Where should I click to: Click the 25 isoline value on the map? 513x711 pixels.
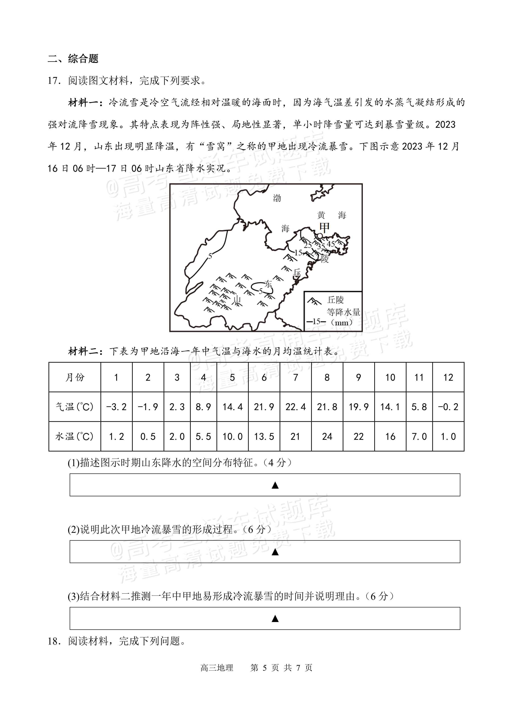[x=308, y=245]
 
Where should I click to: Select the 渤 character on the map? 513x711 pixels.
[x=277, y=198]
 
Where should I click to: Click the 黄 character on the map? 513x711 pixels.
[x=321, y=215]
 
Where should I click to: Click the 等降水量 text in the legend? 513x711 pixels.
[x=343, y=312]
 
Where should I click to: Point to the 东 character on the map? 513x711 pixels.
[x=268, y=284]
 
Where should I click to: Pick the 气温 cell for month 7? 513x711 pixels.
[x=295, y=407]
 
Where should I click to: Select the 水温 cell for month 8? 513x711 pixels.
[x=327, y=436]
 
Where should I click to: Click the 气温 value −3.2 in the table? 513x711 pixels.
[x=116, y=407]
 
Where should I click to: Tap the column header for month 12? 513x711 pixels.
[x=448, y=377]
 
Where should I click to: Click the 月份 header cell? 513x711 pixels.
[x=75, y=377]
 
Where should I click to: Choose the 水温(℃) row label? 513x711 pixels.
[x=75, y=436]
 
